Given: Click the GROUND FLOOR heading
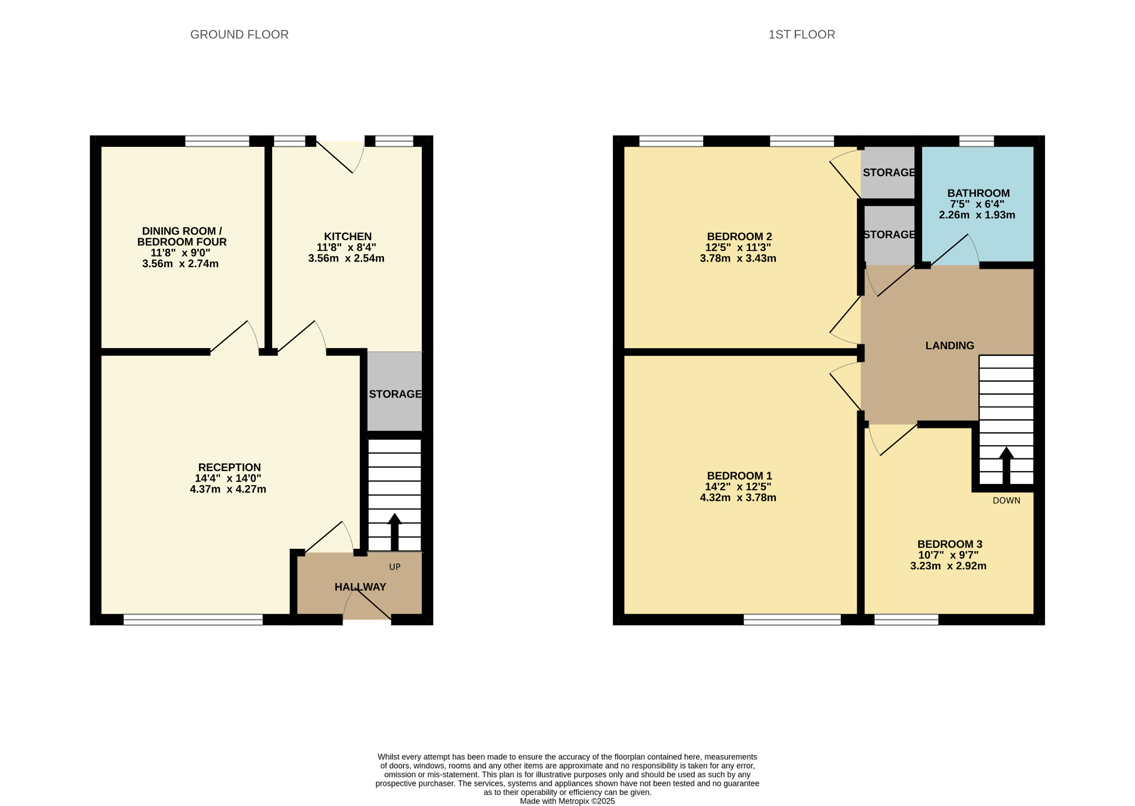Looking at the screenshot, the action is point(239,34).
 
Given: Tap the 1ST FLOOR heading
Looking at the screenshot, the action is point(801,34).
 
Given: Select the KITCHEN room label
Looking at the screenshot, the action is point(347,237).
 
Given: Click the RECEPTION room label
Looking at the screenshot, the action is point(229,467).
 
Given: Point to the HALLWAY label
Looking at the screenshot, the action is point(360,586).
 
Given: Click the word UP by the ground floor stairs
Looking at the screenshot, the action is point(395,567).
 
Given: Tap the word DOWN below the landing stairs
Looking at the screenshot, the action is point(1006,501).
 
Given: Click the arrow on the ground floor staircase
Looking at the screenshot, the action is point(395,532).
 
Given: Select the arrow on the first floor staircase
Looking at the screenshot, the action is point(1006,466).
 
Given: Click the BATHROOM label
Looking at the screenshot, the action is point(979,193).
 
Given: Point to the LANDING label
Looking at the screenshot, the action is point(949,345).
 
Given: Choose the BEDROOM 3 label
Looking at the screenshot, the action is point(949,544).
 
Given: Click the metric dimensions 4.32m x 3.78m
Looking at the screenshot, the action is point(738,497).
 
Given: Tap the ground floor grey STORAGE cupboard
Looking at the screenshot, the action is point(395,391).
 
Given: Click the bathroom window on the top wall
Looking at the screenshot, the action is point(976,141).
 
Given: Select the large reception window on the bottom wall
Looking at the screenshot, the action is point(193,620).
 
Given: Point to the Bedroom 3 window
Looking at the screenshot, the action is point(906,620).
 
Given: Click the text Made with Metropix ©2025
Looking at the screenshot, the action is point(567,801).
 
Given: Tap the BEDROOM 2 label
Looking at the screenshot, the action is point(739,237).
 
